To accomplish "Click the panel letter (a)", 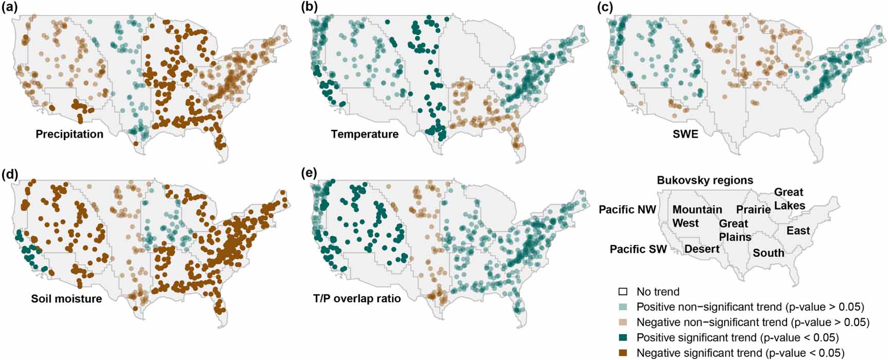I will (x=10, y=7).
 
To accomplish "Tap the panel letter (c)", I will (x=606, y=7).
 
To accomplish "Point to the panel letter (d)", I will (x=10, y=173).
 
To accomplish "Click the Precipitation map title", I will (x=70, y=134).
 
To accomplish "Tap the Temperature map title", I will (x=365, y=134).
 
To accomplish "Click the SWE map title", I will (x=686, y=134).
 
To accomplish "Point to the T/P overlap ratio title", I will (x=357, y=299).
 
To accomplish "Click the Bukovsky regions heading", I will (x=705, y=180).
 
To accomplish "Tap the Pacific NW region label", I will (x=627, y=210).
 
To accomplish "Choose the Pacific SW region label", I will (x=638, y=249).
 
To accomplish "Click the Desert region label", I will (x=702, y=249).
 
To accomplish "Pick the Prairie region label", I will (x=753, y=210).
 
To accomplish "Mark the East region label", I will (x=798, y=231).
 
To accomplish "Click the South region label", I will (x=769, y=253).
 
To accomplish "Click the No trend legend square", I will (x=623, y=292).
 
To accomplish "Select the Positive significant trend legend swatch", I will (x=623, y=338).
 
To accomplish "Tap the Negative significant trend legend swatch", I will (x=623, y=353).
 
